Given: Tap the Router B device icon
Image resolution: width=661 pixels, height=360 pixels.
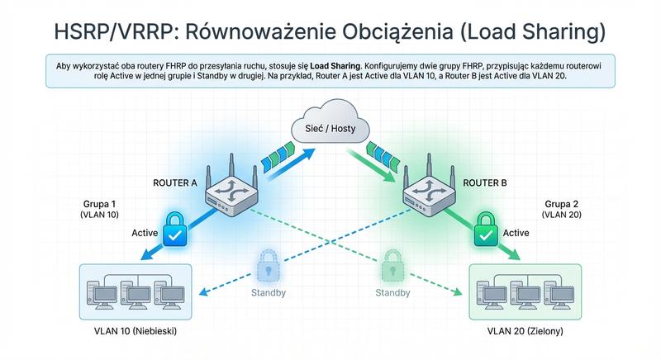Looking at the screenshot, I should tap(430, 197).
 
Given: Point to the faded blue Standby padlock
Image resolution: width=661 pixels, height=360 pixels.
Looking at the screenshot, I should tap(268, 266).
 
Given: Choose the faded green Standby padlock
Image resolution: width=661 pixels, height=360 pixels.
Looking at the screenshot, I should tap(392, 267).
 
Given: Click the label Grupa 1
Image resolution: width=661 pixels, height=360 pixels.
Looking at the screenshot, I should tap(101, 202).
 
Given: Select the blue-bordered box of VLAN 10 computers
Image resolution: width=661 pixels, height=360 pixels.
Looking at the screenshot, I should tap(132, 291).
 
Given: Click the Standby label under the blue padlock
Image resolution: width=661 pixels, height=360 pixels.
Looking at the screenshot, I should tap(268, 293).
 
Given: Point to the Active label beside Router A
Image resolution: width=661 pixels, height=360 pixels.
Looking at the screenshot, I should tap(145, 234).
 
